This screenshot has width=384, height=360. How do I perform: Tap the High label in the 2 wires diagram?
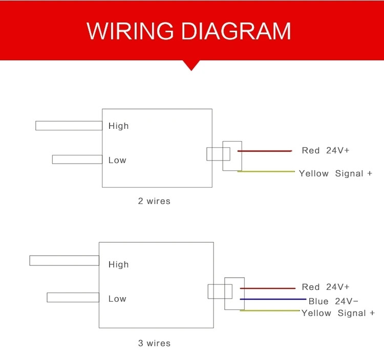tap(118, 126)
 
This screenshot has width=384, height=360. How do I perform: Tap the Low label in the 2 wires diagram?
tap(117, 160)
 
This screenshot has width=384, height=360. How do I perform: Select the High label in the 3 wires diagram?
tap(118, 264)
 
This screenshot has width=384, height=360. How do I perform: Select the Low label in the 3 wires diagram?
tap(117, 299)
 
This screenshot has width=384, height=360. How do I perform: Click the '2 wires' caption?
tap(154, 201)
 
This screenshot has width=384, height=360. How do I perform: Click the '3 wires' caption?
tap(154, 343)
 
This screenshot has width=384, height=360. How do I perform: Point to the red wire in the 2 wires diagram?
tap(264, 151)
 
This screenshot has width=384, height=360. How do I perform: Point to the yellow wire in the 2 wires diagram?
tap(266, 171)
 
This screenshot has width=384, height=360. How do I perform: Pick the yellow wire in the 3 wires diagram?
tap(269, 310)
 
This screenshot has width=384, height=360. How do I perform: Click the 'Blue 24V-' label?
tap(333, 301)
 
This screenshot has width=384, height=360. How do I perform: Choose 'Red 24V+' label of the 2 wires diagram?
tap(326, 150)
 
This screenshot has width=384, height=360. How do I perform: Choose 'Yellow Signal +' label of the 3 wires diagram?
tap(338, 313)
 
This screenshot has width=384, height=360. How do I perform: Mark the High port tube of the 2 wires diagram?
tap(69, 126)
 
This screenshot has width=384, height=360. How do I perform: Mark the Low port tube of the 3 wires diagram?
tap(73, 297)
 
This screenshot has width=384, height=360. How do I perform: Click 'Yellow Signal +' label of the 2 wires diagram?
tap(335, 173)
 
